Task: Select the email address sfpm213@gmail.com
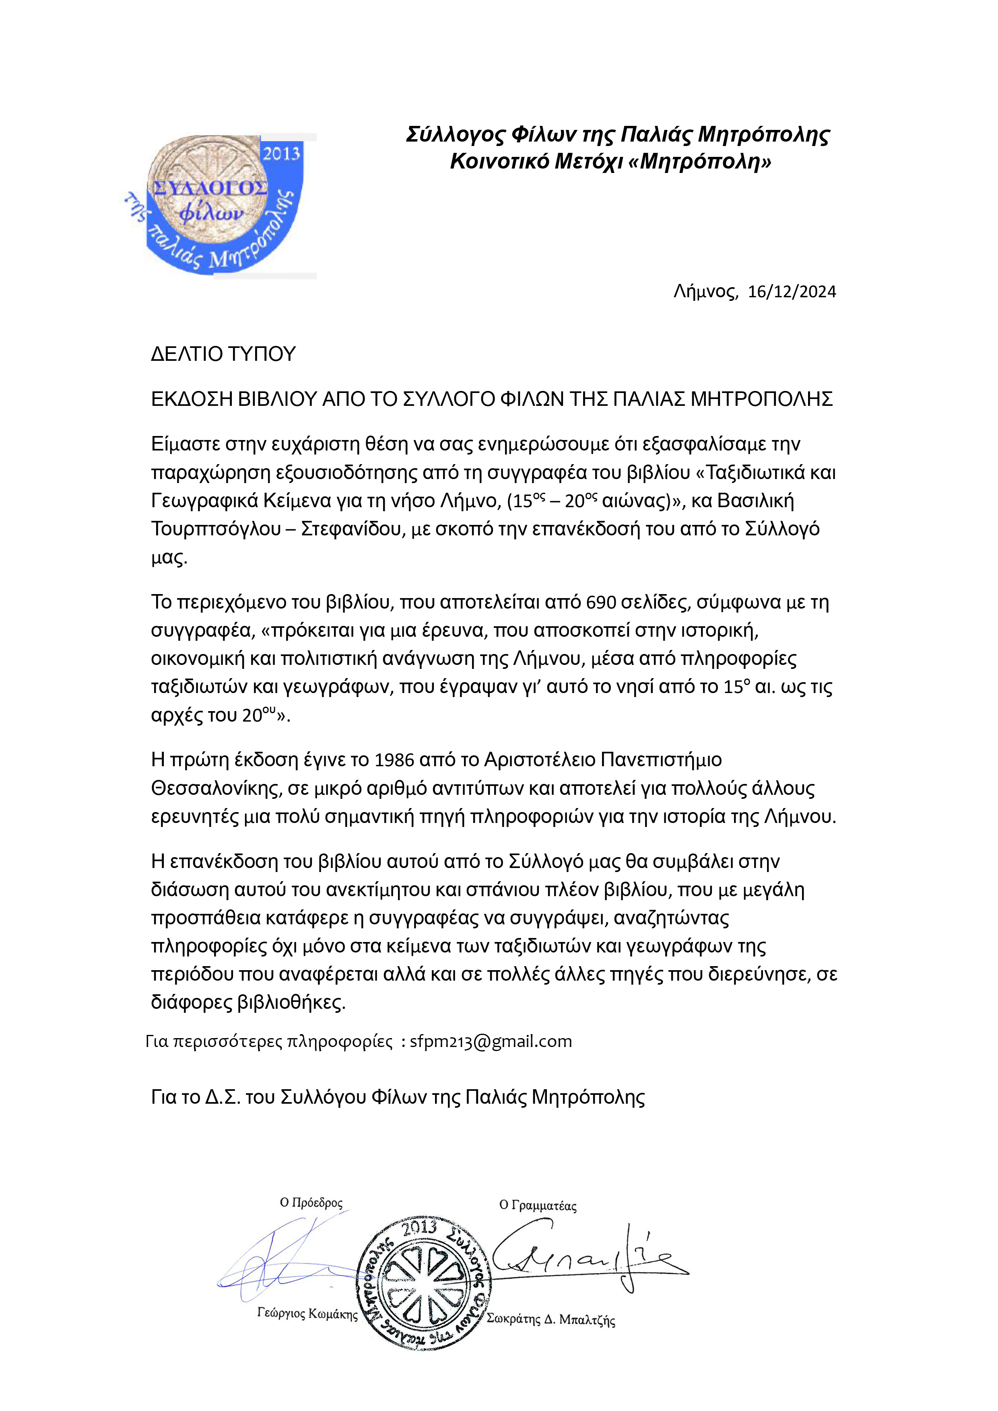pos(491,1041)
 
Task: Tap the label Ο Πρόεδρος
pos(311,1203)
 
